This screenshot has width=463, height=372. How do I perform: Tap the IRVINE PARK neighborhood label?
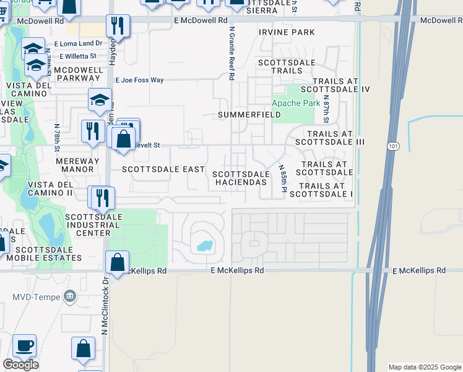click(x=287, y=32)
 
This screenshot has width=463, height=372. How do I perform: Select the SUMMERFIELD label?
click(x=249, y=115)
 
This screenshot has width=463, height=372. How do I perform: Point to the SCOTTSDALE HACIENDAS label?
click(x=241, y=178)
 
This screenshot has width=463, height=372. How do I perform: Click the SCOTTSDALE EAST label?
click(x=163, y=169)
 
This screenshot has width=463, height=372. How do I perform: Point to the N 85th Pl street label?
click(x=282, y=178)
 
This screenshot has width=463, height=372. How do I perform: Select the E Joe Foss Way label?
click(x=140, y=80)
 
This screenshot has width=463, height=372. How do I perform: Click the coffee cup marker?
click(x=24, y=345)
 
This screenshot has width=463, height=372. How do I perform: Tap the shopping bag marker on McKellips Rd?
click(x=117, y=262)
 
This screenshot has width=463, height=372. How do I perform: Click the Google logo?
click(x=21, y=365)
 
